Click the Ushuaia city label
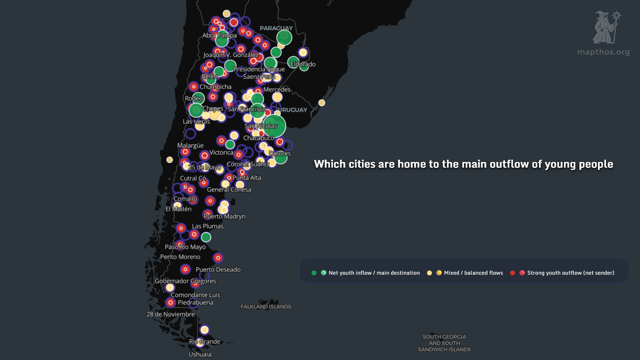(200, 354)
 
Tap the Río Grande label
(204, 341)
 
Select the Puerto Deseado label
(218, 269)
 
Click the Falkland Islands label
(266, 307)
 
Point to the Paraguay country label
(276, 28)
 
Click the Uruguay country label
(292, 110)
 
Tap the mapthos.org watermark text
(603, 52)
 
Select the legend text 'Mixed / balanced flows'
(473, 273)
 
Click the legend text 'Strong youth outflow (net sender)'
(570, 273)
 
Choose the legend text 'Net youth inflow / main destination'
(374, 273)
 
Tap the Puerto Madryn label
(224, 216)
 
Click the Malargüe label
(190, 145)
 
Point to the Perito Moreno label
(180, 257)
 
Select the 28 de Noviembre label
(170, 314)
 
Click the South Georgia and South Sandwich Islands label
(444, 343)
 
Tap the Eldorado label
(303, 64)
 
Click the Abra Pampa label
(219, 35)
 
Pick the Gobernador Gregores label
(185, 281)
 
